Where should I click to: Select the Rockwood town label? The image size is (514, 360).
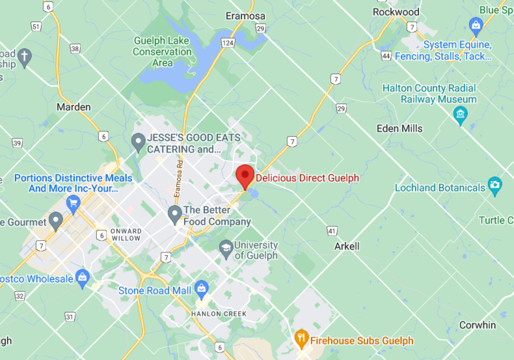tap(396, 12)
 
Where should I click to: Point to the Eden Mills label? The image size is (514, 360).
tap(399, 128)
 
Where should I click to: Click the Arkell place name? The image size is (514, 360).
tap(347, 246)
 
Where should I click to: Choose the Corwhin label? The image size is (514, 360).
tap(477, 325)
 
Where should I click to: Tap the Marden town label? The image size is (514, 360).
tap(74, 107)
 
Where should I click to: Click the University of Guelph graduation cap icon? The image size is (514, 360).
tap(225, 247)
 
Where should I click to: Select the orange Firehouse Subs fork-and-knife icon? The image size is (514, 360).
tap(301, 338)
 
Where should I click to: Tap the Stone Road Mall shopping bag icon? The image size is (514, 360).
tap(201, 288)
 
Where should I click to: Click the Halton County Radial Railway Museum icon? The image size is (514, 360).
tap(461, 116)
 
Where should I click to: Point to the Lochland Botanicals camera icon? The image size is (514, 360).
tap(494, 186)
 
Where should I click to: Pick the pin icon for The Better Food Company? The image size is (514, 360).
tap(174, 213)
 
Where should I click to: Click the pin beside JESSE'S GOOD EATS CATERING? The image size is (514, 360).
tap(138, 141)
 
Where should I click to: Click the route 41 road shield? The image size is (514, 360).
tap(332, 230)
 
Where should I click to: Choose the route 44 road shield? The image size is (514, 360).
tap(386, 56)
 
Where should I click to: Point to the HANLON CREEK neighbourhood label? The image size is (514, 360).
tap(219, 314)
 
